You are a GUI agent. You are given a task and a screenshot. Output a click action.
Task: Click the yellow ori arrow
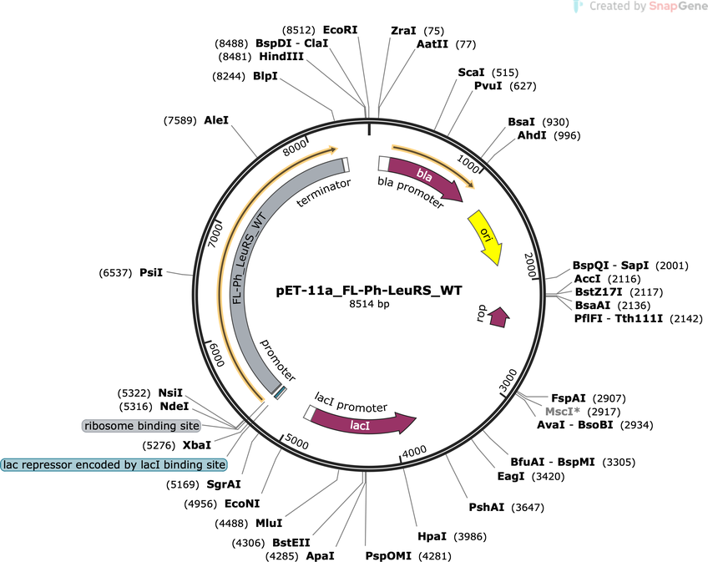point(485,236)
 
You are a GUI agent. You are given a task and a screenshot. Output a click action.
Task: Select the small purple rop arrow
point(498,317)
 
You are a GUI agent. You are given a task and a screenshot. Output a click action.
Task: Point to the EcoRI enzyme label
point(340,30)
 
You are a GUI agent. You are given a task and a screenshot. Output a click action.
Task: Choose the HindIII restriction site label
point(281,57)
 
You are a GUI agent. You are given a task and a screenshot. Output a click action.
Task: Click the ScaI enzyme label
point(471,73)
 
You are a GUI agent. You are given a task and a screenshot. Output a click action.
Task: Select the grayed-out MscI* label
point(562,412)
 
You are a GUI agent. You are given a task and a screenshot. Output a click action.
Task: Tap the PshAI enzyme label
point(486,508)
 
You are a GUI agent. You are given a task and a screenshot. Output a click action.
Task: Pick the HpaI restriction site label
point(432,537)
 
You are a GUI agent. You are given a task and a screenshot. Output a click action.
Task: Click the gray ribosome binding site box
point(142,426)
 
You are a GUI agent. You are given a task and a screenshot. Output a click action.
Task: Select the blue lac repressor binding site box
point(114,464)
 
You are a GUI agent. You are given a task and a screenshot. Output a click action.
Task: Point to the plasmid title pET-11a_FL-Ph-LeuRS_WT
point(369,290)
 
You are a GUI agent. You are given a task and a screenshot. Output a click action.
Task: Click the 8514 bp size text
point(369,304)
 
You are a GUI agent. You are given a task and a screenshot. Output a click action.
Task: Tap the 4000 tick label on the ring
point(414,451)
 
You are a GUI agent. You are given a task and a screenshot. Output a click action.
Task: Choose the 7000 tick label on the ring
point(216,235)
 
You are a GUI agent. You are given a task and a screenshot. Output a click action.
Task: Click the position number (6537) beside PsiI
point(115,273)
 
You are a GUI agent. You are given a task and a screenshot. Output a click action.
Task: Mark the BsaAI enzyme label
point(593,306)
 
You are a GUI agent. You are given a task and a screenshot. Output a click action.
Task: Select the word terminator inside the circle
point(324,193)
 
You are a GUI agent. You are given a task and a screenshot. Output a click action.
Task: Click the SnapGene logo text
point(678,6)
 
